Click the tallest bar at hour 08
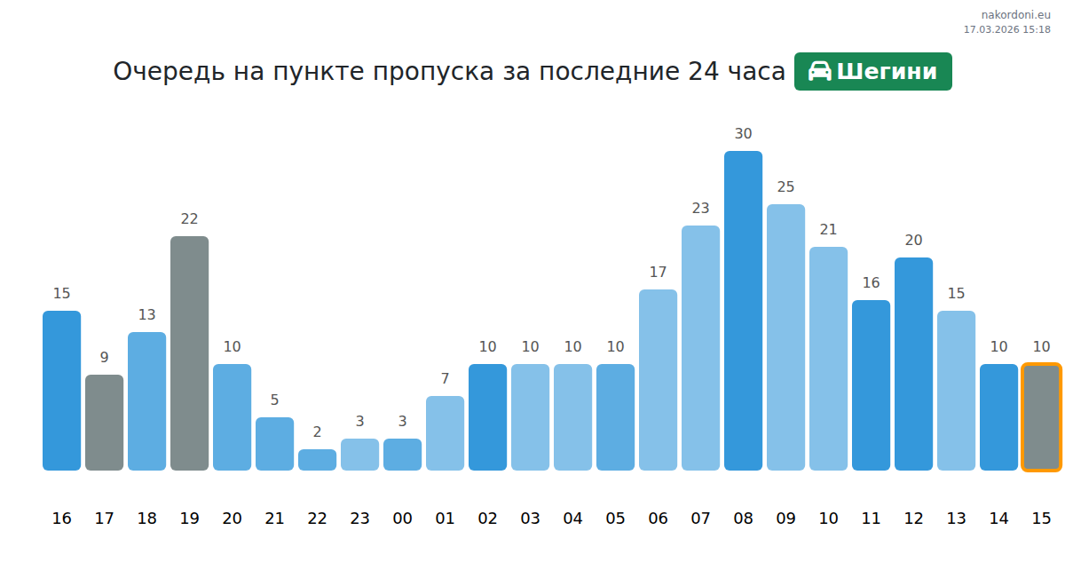pyautogui.click(x=743, y=311)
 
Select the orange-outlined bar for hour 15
pyautogui.click(x=1041, y=417)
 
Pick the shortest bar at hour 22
pyautogui.click(x=317, y=460)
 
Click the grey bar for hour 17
pyautogui.click(x=104, y=423)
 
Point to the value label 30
pyautogui.click(x=743, y=134)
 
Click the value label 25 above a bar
pyautogui.click(x=785, y=187)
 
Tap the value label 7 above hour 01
pyautogui.click(x=445, y=379)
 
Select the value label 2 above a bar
pyautogui.click(x=317, y=432)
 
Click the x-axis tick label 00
pyautogui.click(x=402, y=519)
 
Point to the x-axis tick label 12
pyautogui.click(x=913, y=519)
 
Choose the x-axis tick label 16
pyautogui.click(x=61, y=519)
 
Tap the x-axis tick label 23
pyautogui.click(x=359, y=519)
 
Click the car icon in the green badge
pyautogui.click(x=820, y=72)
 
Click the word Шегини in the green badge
pyautogui.click(x=887, y=72)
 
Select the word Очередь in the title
pyautogui.click(x=169, y=72)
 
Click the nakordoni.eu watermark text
pyautogui.click(x=1015, y=15)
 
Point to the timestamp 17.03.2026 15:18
pyautogui.click(x=1007, y=29)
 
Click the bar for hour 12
pyautogui.click(x=913, y=364)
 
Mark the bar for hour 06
pyautogui.click(x=658, y=380)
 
